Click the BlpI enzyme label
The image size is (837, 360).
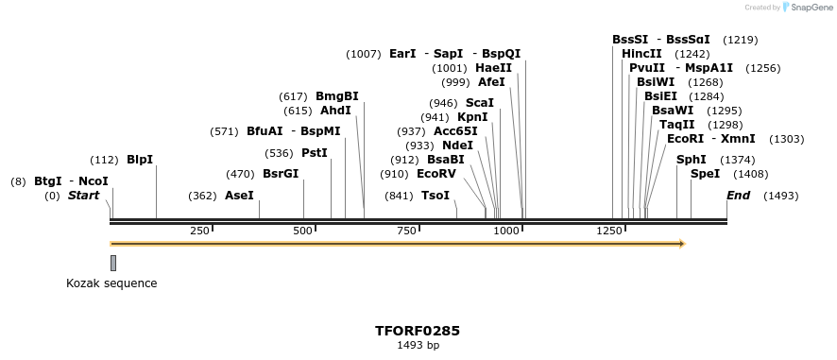tap(140, 160)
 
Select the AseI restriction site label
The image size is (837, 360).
tap(239, 196)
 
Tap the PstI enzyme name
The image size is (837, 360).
tap(315, 152)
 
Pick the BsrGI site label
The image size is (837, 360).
tap(280, 174)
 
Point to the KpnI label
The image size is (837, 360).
tap(472, 117)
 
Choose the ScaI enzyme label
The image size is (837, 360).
tap(480, 103)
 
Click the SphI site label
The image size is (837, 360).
tap(691, 160)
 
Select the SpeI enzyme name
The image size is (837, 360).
tap(705, 174)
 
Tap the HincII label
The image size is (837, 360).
tap(641, 54)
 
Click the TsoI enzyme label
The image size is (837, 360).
tap(435, 196)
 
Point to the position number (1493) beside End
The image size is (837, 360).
tap(780, 196)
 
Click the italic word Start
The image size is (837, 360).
tap(83, 196)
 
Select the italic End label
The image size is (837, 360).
tap(738, 196)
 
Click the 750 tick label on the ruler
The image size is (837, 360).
tap(406, 231)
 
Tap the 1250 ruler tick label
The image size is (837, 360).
tap(610, 231)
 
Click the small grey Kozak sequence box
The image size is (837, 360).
tap(113, 263)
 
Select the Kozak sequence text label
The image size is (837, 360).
tap(111, 283)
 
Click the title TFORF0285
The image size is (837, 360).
tap(418, 331)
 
